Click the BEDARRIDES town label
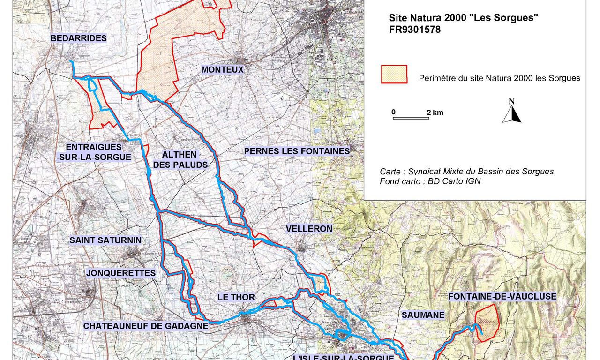coord(79,38)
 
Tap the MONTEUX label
coord(222,70)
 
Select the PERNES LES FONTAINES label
coord(297,151)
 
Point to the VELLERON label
coord(309,229)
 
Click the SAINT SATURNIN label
coord(105,240)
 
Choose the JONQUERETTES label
coord(121,273)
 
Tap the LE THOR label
coord(236,297)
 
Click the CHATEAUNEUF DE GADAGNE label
coord(146,326)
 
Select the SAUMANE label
coord(423,315)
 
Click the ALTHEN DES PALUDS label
coord(180,159)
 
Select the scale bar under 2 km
coord(411,118)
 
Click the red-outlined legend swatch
coord(394,74)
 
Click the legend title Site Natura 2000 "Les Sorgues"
coord(463,18)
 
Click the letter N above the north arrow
coord(511,101)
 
